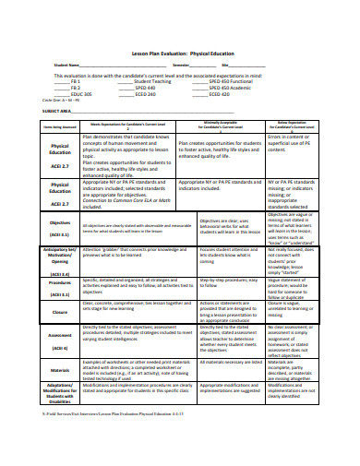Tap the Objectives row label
59,222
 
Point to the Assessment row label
59,335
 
